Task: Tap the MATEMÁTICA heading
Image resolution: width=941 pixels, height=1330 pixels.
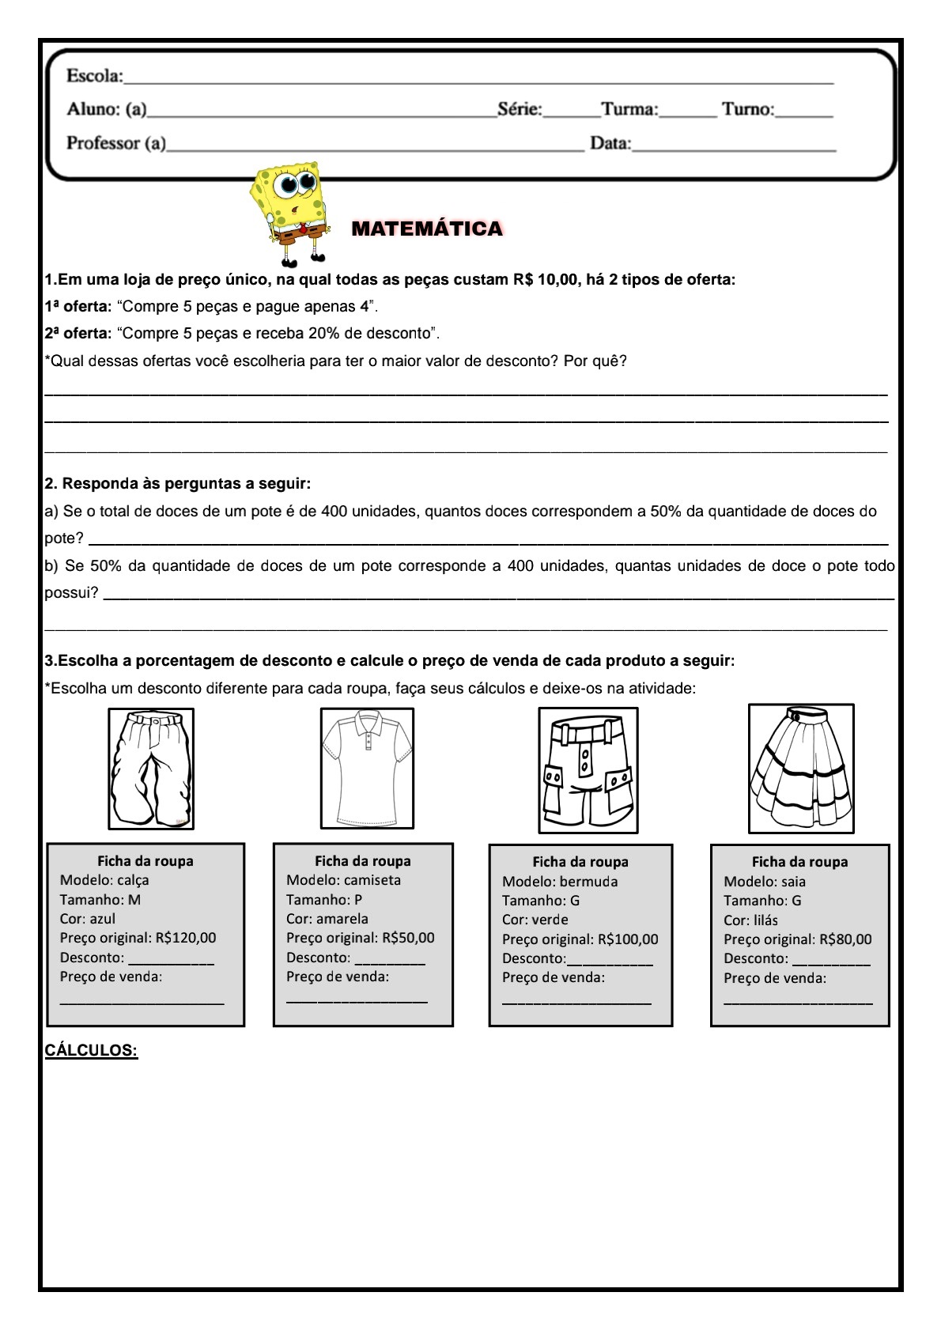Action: (x=427, y=229)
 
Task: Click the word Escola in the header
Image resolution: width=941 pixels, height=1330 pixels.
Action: (x=94, y=76)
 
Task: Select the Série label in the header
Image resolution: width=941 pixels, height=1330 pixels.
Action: (x=520, y=109)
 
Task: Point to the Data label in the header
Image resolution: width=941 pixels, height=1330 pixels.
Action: (x=610, y=143)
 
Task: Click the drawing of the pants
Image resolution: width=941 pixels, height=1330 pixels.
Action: (x=151, y=769)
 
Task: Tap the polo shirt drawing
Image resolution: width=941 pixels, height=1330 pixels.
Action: (x=367, y=768)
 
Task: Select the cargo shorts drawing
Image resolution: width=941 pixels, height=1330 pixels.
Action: (x=588, y=770)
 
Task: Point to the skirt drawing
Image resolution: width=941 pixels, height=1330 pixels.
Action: (x=801, y=768)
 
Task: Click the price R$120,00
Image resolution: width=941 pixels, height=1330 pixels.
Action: (x=186, y=938)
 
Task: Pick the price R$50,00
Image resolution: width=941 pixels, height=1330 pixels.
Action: (x=408, y=938)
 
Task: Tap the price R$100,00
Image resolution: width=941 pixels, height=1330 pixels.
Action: (x=628, y=939)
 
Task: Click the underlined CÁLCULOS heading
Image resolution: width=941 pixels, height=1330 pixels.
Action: (x=91, y=1050)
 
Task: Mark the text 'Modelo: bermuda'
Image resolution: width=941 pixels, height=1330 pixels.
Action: (x=560, y=882)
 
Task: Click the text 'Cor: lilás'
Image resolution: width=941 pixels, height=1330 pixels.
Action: (x=750, y=920)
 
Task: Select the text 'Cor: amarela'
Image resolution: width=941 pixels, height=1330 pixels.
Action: (x=327, y=919)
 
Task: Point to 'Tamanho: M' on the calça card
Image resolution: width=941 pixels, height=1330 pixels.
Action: (x=100, y=900)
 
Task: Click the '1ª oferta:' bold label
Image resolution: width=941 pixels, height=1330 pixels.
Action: (x=78, y=307)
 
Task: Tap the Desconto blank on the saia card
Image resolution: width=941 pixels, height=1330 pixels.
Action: (x=830, y=960)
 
